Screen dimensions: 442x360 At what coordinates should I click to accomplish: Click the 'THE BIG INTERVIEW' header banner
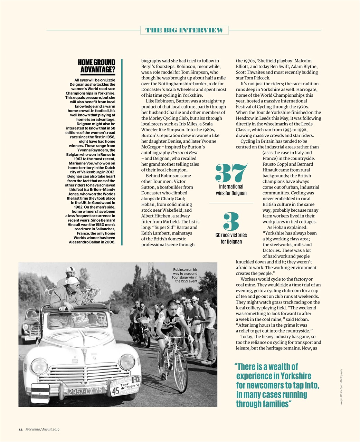(x=184, y=30)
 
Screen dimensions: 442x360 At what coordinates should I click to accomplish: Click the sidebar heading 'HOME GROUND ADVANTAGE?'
(x=96, y=67)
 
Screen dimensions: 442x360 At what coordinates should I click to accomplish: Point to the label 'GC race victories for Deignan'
(x=231, y=238)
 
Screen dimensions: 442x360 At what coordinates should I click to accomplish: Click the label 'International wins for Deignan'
(x=231, y=190)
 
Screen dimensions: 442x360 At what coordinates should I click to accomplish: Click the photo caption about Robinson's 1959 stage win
(x=185, y=275)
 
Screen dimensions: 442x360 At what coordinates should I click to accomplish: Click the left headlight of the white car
(x=39, y=366)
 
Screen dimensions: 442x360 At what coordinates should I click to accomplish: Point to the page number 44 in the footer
(x=20, y=429)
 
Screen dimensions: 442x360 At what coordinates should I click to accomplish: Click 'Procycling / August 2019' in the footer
(x=42, y=429)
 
